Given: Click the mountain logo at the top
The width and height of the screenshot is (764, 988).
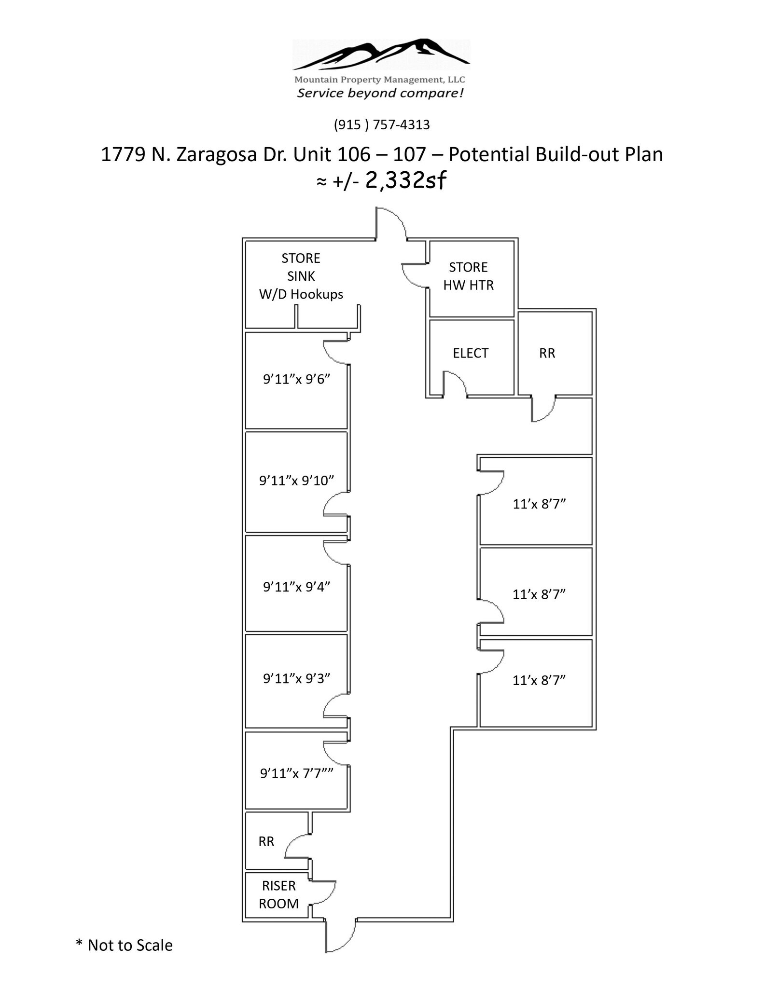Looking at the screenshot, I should pos(381,55).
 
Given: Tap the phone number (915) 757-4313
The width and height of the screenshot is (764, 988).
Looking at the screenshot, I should pos(381,125).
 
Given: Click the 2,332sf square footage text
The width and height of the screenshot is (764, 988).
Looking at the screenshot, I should pos(405,181).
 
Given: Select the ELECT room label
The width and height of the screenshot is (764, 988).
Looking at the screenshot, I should pos(470,353).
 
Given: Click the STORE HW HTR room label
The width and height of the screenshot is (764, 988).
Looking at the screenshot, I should pos(468,276).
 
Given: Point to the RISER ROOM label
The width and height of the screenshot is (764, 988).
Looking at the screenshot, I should pos(278,894).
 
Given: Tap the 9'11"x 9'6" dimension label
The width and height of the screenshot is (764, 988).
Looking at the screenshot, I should pos(296,379).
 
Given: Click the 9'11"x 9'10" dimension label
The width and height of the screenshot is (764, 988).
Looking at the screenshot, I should pos(296,480).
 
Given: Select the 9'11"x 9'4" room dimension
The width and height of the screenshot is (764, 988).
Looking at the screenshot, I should pos(296,587).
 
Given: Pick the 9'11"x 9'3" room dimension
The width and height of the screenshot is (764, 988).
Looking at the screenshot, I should pos(296,678).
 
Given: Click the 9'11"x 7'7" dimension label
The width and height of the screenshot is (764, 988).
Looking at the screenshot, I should pos(296,773).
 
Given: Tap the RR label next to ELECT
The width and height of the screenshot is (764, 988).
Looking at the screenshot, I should pos(547,353).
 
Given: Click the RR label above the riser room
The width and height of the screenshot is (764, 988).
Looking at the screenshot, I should pos(266,841).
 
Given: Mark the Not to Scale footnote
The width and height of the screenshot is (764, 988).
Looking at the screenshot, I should pos(124,945).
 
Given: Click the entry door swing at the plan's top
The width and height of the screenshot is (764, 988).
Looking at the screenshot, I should pos(391,222).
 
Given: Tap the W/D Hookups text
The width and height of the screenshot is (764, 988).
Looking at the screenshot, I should pos(301,294).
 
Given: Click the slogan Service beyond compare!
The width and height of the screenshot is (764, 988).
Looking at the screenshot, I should pos(380,93).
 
